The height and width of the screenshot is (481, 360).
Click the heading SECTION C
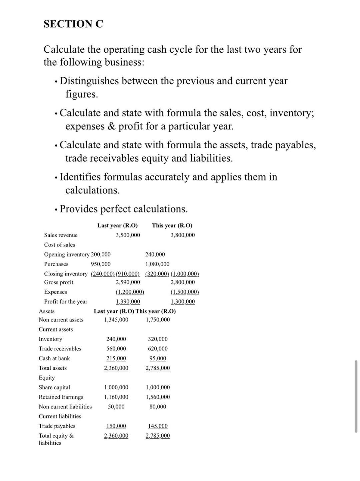(73, 24)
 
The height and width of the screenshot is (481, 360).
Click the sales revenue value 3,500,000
(128, 235)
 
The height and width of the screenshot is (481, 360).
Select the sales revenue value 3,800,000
(183, 235)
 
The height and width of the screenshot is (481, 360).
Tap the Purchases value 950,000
(101, 264)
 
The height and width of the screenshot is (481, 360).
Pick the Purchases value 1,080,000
(157, 264)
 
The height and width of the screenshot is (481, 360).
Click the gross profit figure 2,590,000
(128, 282)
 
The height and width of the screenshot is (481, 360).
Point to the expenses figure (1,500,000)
(185, 292)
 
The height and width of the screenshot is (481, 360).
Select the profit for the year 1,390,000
(128, 302)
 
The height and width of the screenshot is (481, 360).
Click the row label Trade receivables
(60, 349)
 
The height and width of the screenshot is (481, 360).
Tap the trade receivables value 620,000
(158, 349)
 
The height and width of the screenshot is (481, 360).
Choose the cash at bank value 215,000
(116, 358)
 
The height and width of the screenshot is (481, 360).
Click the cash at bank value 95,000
(158, 358)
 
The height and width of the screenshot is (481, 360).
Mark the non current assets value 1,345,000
(116, 320)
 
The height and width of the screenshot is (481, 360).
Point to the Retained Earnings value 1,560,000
(158, 397)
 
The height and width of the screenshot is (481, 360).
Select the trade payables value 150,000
(116, 426)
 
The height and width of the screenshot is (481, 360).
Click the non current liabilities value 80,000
(158, 407)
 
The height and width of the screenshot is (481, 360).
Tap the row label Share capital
(54, 387)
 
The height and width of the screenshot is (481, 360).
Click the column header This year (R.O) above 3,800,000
(172, 226)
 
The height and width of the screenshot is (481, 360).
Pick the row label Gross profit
(59, 282)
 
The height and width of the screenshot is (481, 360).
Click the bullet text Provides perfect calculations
(124, 209)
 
